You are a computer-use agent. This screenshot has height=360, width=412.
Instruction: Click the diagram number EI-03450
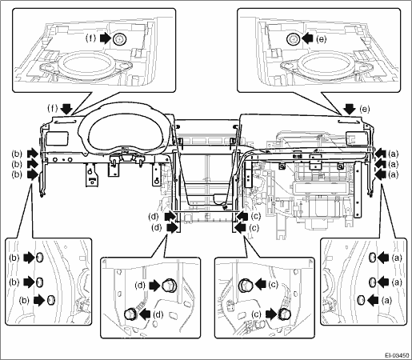(x=397, y=355)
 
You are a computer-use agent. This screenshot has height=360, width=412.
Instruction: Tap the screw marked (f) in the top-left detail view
(x=119, y=40)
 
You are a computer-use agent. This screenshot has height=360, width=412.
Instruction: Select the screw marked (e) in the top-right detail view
(x=293, y=40)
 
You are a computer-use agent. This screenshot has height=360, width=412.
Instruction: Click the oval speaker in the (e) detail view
(x=326, y=65)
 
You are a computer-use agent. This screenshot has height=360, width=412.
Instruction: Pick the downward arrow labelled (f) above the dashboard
(x=66, y=109)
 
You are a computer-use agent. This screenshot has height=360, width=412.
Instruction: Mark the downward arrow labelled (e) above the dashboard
(x=350, y=109)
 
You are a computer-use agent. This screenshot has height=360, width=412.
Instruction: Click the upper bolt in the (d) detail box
(x=168, y=286)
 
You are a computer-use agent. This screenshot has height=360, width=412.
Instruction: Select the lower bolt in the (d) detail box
(x=131, y=314)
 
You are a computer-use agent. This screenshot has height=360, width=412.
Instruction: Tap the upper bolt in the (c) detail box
(x=245, y=285)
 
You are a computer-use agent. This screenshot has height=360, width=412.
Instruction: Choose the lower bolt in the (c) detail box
(x=282, y=314)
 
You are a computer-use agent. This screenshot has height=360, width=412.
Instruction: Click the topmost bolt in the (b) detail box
(x=39, y=258)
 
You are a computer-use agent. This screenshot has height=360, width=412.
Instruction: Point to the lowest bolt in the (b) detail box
(x=51, y=300)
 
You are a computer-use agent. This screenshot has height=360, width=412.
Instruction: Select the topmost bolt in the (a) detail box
(x=372, y=258)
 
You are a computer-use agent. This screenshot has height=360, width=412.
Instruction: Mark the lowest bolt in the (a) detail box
(x=361, y=300)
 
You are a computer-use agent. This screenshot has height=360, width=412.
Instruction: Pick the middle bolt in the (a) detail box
(x=372, y=282)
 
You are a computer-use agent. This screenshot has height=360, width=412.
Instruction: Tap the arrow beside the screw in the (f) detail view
(x=106, y=39)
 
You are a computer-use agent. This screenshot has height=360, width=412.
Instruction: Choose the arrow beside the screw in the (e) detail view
(x=307, y=39)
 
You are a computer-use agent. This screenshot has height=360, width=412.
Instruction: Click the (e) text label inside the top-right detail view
(x=321, y=39)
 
